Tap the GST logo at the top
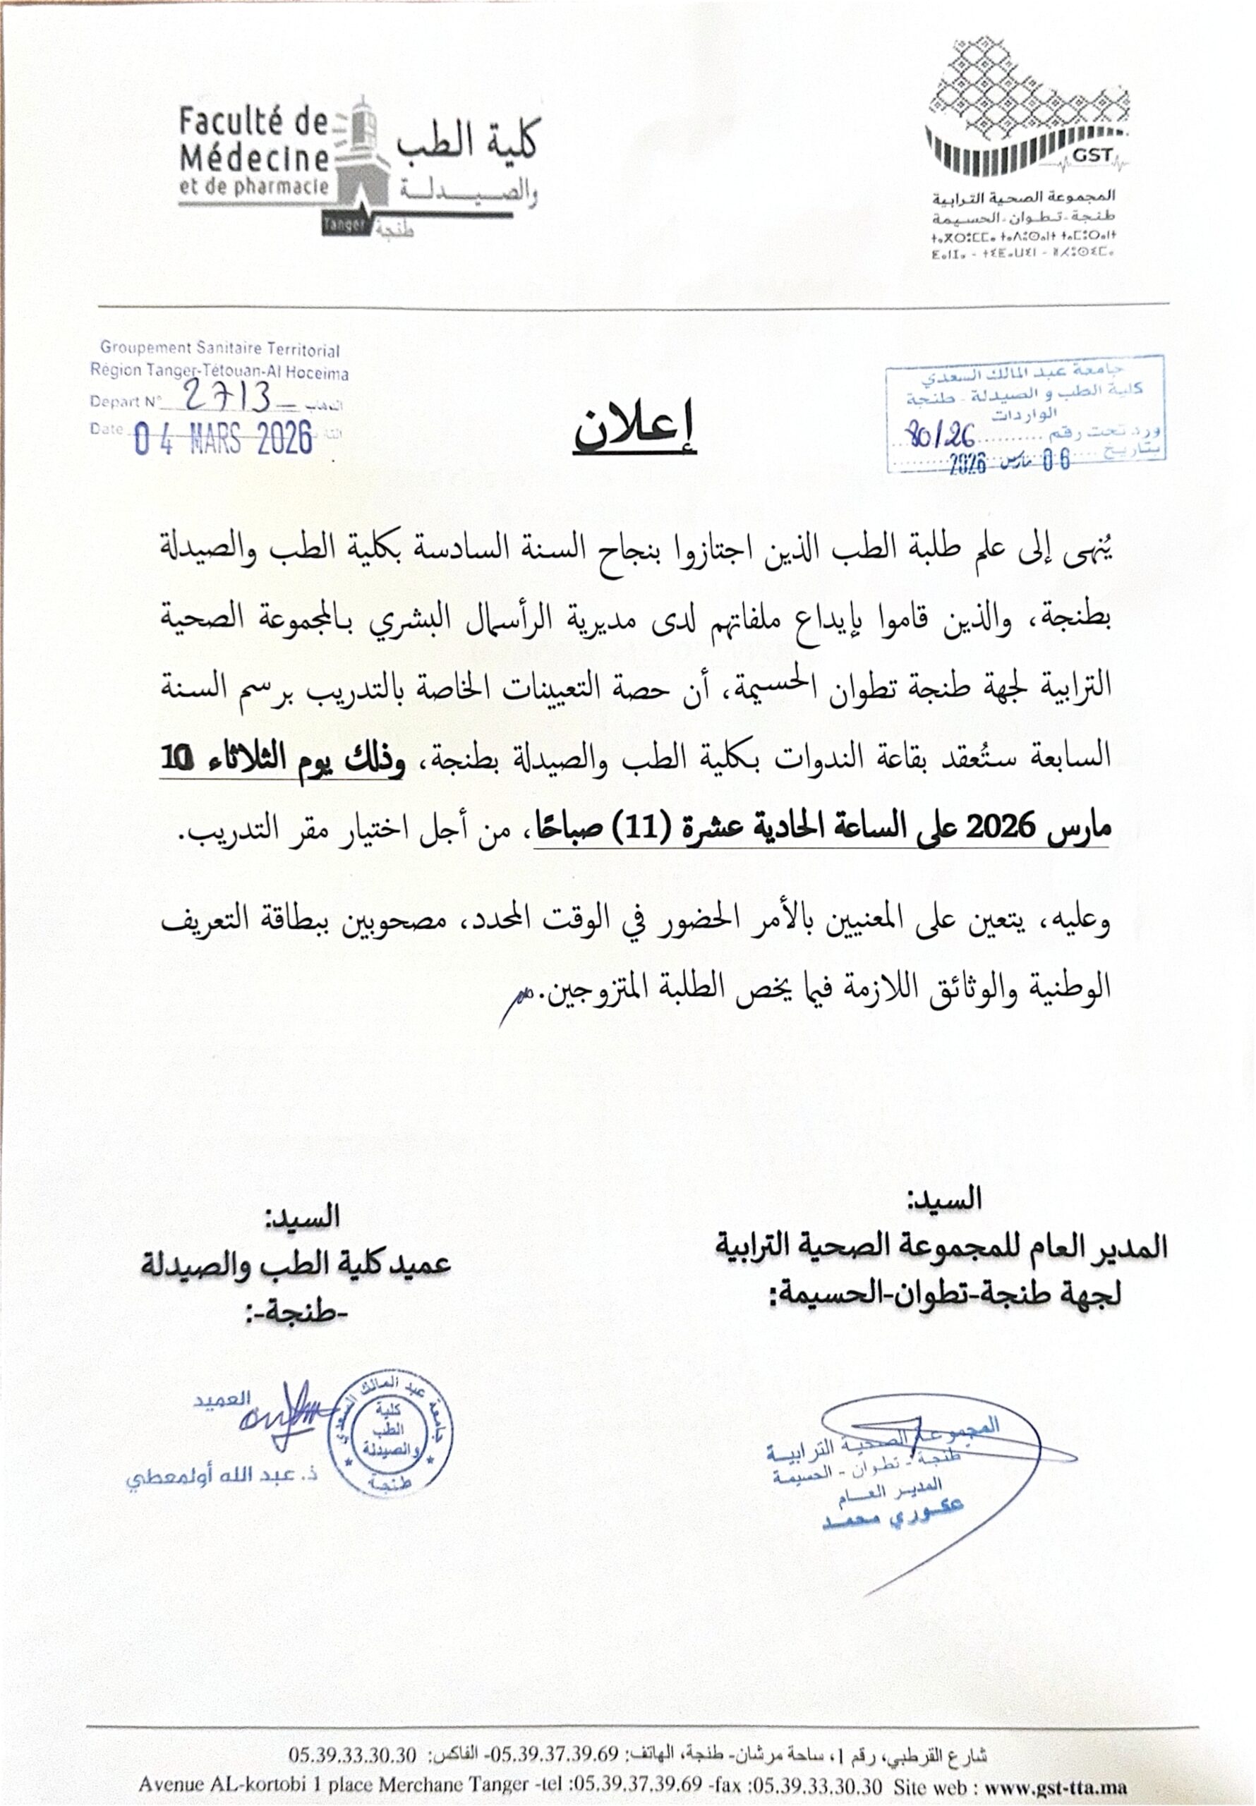[1028, 117]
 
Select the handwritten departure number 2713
[228, 398]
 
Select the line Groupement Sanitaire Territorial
[219, 349]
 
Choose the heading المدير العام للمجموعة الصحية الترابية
[941, 1247]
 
